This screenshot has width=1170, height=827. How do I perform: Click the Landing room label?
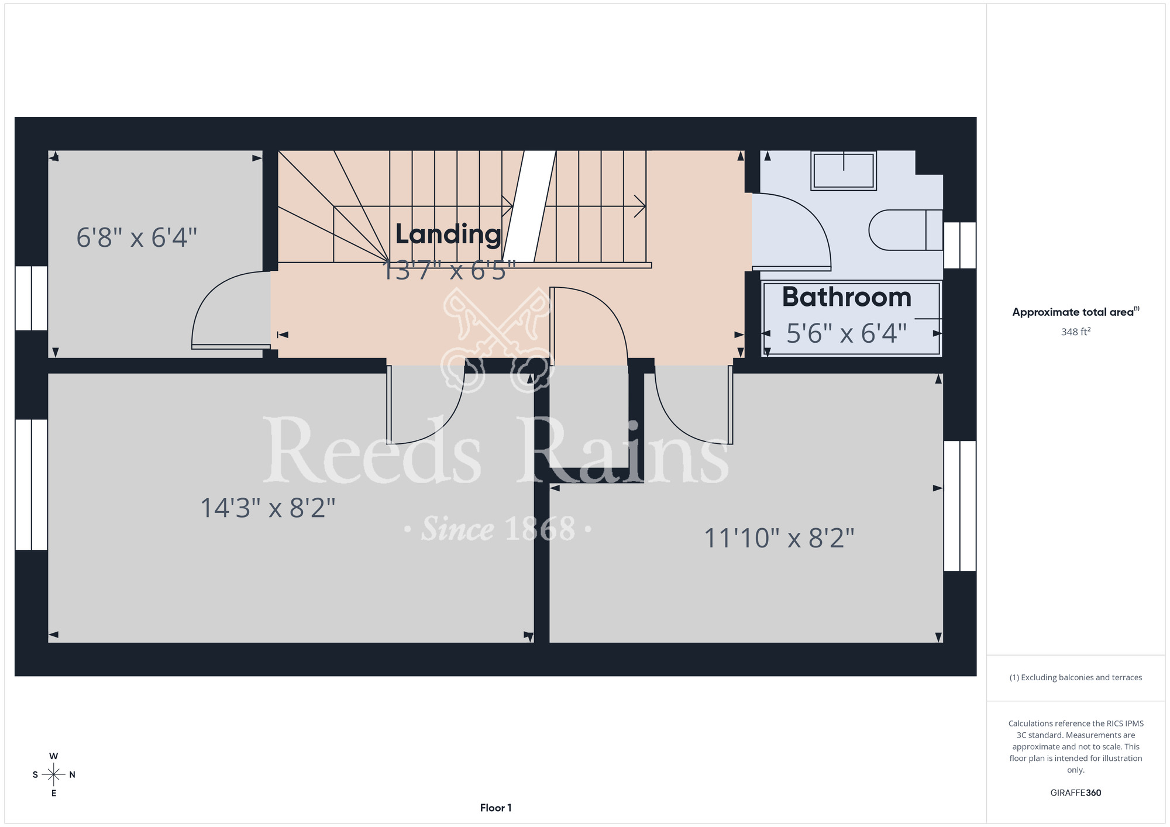pos(448,235)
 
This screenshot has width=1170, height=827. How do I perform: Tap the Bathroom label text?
pos(846,297)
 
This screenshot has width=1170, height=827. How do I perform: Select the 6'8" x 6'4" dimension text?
pos(137,238)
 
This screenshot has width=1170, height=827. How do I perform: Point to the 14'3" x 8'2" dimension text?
pos(268,508)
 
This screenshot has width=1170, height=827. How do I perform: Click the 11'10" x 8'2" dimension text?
pos(779,538)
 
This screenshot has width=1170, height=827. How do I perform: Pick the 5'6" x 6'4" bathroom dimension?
pos(846,333)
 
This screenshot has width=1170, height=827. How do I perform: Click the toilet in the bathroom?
pos(906,230)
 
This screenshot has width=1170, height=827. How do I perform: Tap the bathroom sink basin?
pos(844,171)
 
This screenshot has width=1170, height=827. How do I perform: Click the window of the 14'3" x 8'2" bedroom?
pos(31,485)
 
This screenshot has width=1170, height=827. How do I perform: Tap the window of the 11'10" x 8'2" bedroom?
pos(960,506)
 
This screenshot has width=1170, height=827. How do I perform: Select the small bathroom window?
pos(960,245)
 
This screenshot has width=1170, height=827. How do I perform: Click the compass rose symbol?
pos(54,775)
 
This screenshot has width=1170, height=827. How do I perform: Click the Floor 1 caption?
pos(495,808)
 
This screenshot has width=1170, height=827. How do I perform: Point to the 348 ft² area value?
pos(1076,332)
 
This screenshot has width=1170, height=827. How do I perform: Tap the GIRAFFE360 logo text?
pos(1076,793)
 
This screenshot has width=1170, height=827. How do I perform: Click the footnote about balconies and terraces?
pos(1076,677)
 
